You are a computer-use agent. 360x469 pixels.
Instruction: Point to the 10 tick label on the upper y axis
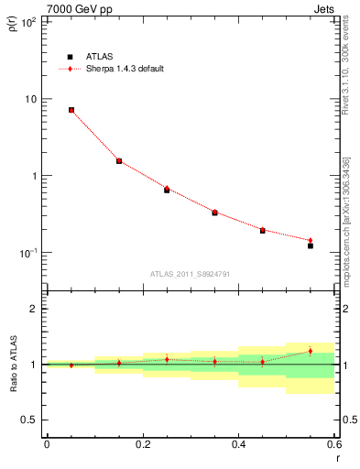pyautogui.click(x=30, y=99)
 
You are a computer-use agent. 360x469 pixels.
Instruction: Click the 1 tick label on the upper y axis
pyautogui.click(x=34, y=176)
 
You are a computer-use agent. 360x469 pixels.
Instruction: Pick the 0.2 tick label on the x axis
pyautogui.click(x=142, y=444)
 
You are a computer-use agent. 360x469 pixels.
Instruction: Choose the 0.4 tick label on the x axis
pyautogui.click(x=238, y=444)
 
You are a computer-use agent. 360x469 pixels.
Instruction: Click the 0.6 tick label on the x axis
pyautogui.click(x=333, y=444)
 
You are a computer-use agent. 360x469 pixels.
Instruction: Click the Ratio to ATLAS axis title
pyautogui.click(x=14, y=365)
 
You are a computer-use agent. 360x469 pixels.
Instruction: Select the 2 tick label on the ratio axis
pyautogui.click(x=34, y=309)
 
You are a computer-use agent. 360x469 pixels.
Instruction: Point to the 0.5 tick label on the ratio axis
pyautogui.click(x=30, y=420)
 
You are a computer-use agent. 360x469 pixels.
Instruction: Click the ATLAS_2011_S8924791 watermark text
pyautogui.click(x=190, y=272)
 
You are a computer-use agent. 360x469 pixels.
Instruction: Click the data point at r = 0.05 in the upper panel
pyautogui.click(x=71, y=110)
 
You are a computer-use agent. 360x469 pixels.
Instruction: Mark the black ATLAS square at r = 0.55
pyautogui.click(x=311, y=245)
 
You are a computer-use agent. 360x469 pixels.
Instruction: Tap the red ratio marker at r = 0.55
pyautogui.click(x=311, y=351)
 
